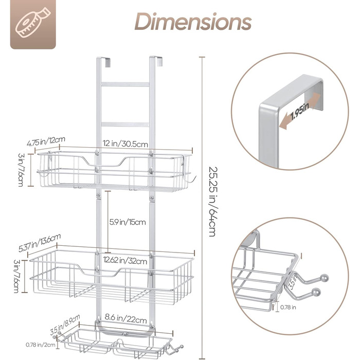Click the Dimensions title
coord(193,22)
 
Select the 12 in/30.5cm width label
coord(125,143)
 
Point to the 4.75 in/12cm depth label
coord(46,141)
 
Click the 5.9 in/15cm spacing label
coord(128,222)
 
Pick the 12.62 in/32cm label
coord(125,260)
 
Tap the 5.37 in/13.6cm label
coord(40,243)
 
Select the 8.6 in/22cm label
coord(125,318)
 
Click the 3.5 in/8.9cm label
coord(65,325)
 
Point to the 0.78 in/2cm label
coord(41,345)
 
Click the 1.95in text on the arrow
coord(300,111)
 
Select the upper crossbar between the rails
coord(125,84)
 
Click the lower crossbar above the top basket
coord(125,124)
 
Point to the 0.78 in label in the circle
coord(288,307)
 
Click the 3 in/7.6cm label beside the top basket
coord(21,170)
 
